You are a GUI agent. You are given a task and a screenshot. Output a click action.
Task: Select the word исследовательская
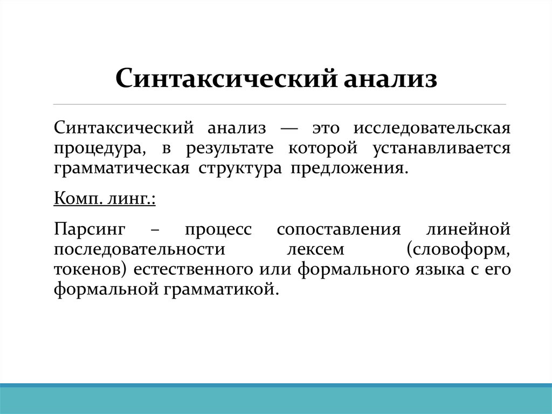[x=432, y=129]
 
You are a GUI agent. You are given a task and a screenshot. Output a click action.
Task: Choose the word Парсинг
[x=89, y=230]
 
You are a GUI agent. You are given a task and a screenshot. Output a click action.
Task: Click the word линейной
[x=468, y=229]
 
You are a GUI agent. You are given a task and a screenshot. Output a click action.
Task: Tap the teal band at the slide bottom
[x=276, y=400]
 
